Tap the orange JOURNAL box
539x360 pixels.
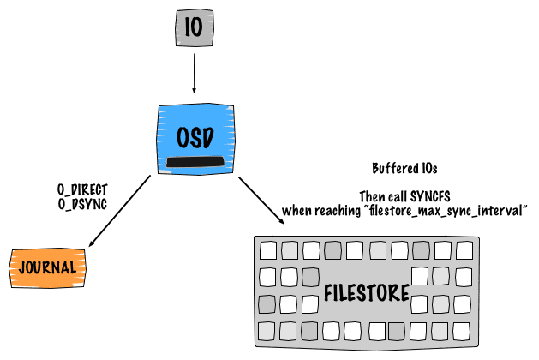point(48,267)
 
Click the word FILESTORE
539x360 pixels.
point(366,293)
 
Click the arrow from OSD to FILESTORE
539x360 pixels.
point(261,201)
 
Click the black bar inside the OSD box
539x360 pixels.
point(195,162)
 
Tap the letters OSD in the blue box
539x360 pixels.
point(195,137)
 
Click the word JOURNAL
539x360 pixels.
point(48,267)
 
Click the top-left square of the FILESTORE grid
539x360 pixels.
point(269,251)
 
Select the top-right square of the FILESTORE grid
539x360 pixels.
point(464,250)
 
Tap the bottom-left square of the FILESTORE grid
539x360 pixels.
point(268,330)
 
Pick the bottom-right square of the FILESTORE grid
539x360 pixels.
point(464,330)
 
